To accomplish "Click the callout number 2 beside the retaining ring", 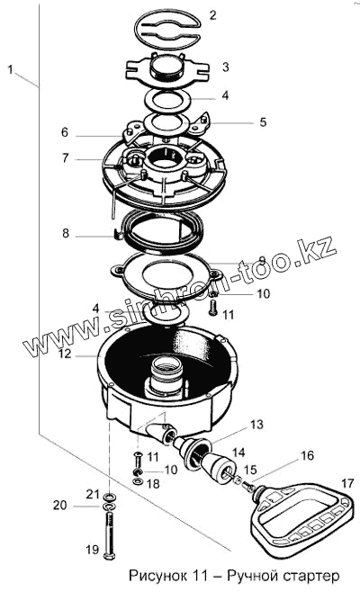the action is [x=212, y=16].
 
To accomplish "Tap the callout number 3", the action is [x=226, y=67].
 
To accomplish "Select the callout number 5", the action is [x=263, y=122].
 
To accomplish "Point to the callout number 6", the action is [x=65, y=132].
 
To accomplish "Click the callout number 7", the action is [x=66, y=157].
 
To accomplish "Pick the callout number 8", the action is [x=66, y=233].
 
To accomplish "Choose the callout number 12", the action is [x=65, y=354].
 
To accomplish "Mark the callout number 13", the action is [x=256, y=425].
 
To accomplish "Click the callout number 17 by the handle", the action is [x=347, y=483].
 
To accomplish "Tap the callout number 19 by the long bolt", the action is [x=92, y=550].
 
